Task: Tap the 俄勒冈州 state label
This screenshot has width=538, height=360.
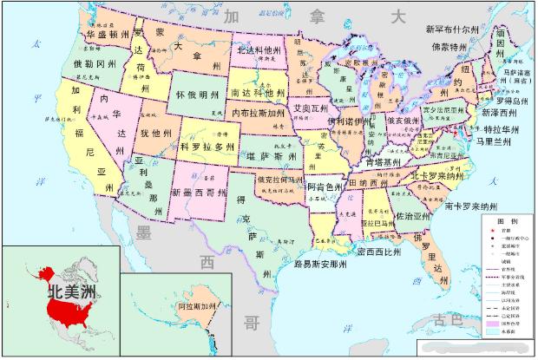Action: [x=94, y=64]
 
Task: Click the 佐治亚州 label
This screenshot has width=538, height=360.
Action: [x=412, y=215]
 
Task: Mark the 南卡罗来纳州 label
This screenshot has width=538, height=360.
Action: [x=470, y=206]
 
